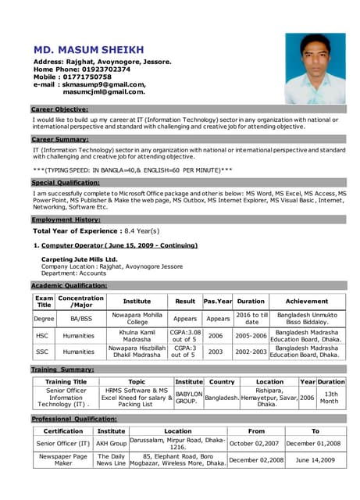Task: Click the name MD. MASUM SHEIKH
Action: coord(99,49)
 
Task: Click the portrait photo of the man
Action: coord(315,68)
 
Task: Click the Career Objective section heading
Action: coord(59,109)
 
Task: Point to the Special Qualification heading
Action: coord(66,182)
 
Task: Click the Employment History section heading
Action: coord(66,220)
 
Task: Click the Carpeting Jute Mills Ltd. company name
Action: coord(80,259)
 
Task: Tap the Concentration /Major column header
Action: coord(81,302)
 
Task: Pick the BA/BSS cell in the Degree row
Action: coord(81,319)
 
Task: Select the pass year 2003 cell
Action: coord(216,352)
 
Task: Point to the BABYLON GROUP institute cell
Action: coord(189,397)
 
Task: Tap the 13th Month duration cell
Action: coord(331,397)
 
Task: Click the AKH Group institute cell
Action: coord(111,443)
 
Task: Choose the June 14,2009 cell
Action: coord(315,460)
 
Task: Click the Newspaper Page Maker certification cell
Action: coord(63,460)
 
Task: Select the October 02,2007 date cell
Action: coord(255,443)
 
